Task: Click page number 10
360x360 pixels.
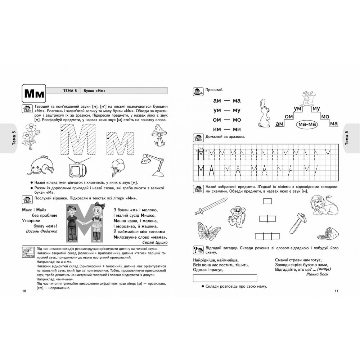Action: pos(24,291)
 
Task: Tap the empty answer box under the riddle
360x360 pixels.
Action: pos(225,278)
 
